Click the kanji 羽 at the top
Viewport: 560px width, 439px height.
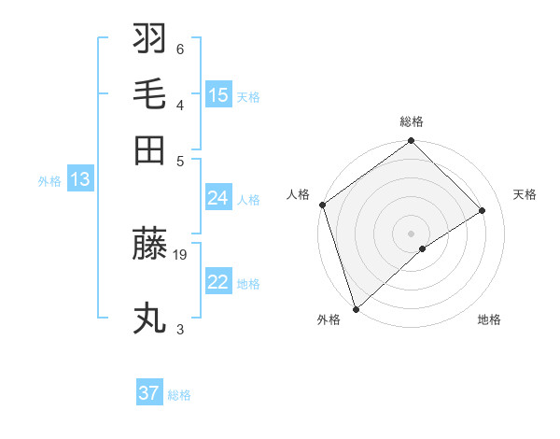coord(150,39)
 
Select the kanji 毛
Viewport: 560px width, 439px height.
coord(150,94)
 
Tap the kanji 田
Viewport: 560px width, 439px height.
coord(150,149)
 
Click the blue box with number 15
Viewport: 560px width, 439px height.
coord(218,94)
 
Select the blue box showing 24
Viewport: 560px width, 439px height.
coord(218,198)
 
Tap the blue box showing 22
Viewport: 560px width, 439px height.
coord(218,282)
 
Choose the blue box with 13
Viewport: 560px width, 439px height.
coord(79,179)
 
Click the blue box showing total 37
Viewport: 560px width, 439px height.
coord(149,393)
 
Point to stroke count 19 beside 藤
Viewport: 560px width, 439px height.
coord(181,253)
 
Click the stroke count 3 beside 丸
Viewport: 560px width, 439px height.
coord(180,329)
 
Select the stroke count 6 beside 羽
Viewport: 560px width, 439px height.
coord(180,49)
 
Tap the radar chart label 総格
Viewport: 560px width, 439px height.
coord(411,121)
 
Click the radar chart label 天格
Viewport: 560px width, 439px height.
coord(525,194)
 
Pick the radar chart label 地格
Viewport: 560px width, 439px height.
coord(489,319)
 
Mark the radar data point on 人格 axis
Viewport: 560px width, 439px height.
coord(322,205)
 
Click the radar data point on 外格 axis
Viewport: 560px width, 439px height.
coord(356,309)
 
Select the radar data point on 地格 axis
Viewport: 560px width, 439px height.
coord(423,248)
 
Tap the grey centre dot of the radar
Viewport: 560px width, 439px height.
coord(411,233)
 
